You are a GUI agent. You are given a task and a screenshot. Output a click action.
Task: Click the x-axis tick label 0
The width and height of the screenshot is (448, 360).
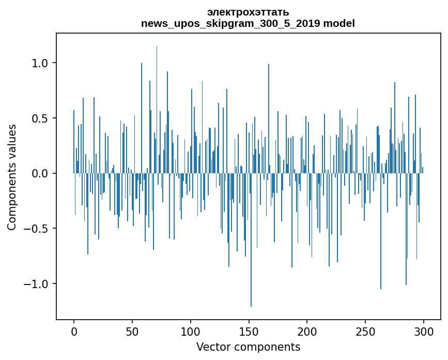(74, 332)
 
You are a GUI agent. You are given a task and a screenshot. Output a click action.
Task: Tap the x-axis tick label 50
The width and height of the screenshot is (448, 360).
(132, 332)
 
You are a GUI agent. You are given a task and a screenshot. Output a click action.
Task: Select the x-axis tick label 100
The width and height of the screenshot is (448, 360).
(190, 332)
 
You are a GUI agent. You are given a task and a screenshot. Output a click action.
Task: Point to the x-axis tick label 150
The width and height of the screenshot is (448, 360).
(249, 332)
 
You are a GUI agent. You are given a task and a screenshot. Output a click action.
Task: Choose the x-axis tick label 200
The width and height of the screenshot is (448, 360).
(307, 332)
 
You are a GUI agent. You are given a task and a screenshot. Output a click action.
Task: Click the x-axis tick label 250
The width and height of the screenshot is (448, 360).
(365, 332)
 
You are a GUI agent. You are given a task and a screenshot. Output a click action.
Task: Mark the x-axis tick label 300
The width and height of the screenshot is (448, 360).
(423, 332)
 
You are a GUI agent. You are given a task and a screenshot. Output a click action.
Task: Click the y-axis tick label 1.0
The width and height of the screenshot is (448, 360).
(40, 63)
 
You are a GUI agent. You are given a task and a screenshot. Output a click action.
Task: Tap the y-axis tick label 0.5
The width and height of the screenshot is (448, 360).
(40, 118)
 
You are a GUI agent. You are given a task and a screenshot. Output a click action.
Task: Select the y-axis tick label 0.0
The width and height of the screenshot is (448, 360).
(40, 173)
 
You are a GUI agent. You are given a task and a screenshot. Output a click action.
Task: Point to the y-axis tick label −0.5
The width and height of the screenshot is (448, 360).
(36, 229)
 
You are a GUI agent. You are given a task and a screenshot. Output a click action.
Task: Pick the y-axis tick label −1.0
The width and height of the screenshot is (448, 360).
(36, 283)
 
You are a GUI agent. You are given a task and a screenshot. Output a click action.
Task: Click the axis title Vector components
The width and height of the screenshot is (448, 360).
(248, 347)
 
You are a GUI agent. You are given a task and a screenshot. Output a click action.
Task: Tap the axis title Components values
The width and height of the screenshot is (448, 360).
(12, 177)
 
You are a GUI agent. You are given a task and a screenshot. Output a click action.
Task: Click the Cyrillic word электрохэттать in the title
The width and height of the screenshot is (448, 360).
(248, 12)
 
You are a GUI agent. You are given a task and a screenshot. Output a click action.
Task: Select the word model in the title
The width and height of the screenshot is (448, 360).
(339, 23)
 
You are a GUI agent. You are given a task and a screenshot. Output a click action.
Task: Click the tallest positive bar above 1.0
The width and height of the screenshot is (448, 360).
(157, 110)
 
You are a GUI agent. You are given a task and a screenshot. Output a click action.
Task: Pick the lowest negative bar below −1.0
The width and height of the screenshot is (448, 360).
(251, 240)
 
